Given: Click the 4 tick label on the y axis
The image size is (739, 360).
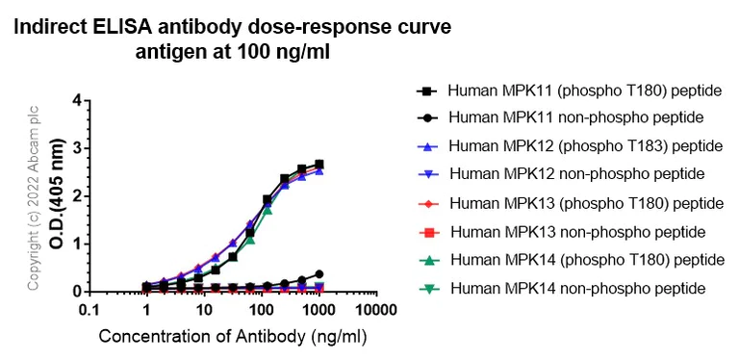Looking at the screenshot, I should (x=76, y=101).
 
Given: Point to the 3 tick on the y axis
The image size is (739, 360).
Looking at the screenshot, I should (x=76, y=148).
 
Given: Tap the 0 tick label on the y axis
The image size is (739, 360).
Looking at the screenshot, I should (x=76, y=291).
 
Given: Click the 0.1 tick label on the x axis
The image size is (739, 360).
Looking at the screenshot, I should (x=89, y=311).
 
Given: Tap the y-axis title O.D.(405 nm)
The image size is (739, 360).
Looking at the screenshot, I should (x=57, y=195).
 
